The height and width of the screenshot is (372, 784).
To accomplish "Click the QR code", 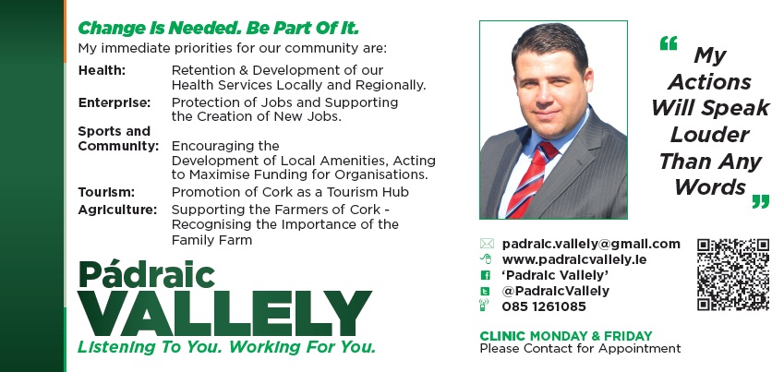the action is click(733, 274).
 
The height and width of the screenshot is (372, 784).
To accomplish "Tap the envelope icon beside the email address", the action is click(487, 244).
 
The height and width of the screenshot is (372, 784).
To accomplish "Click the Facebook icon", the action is click(485, 275).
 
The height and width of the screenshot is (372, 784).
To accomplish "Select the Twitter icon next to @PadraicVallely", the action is click(485, 291).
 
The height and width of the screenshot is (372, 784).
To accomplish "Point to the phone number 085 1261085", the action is click(544, 306).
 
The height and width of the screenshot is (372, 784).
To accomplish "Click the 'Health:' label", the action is click(102, 70).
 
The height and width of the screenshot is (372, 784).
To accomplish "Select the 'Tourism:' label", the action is click(106, 192).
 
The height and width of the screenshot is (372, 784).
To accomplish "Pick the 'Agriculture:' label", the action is click(117, 210).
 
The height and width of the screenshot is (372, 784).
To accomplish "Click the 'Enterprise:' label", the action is click(114, 102).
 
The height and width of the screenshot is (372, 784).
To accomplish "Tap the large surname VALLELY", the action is click(224, 313).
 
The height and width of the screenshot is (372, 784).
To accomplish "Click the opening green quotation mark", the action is click(668, 43).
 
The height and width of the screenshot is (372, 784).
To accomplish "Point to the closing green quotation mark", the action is click(761, 201).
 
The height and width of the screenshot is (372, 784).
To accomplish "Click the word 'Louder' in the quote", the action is click(709, 135).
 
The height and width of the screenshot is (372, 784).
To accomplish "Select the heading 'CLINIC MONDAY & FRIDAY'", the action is click(566, 335).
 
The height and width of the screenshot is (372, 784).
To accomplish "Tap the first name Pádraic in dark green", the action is click(147, 274).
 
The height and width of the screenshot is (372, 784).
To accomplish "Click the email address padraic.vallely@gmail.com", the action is click(591, 244).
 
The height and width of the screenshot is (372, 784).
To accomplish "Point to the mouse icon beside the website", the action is click(486, 259).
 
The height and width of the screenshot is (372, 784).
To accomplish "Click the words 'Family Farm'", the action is click(211, 240).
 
